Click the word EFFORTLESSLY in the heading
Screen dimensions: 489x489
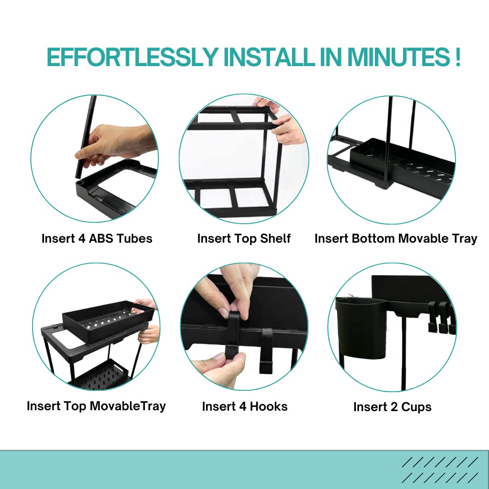pos(132,57)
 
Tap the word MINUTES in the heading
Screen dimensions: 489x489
pos(399,57)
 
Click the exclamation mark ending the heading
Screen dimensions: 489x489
pos(457,57)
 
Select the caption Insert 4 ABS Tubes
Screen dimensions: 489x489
pos(97,239)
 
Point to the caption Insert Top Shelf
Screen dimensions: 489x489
pos(244,239)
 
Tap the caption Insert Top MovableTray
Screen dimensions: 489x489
pos(96,406)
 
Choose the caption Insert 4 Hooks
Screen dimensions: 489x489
pos(245,407)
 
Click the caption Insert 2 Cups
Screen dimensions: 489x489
pos(392,407)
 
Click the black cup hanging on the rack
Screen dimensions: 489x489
pos(361,327)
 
